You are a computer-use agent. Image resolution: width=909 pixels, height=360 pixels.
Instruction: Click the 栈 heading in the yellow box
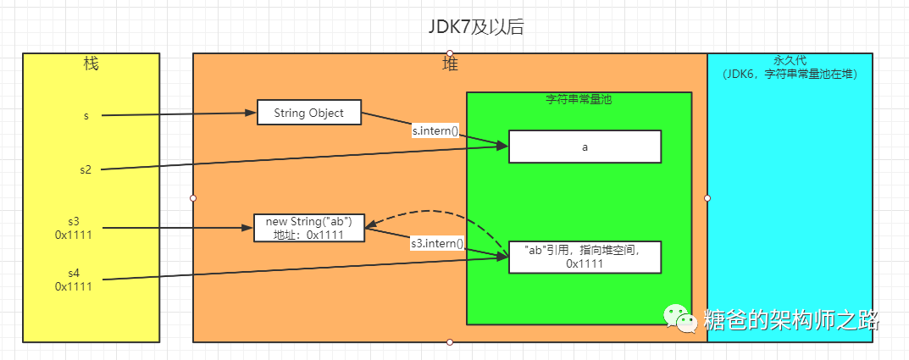[x=91, y=64]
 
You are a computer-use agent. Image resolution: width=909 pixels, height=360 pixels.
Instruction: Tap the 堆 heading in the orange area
[x=451, y=64]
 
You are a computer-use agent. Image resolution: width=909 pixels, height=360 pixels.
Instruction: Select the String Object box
[x=309, y=113]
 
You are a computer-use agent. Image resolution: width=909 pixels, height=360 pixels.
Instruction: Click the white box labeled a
[x=584, y=146]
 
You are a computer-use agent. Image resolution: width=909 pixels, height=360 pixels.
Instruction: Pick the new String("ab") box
[x=309, y=228]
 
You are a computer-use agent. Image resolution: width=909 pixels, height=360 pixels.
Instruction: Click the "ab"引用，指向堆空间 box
[x=584, y=257]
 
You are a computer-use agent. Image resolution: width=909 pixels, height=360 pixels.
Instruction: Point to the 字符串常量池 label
[x=579, y=99]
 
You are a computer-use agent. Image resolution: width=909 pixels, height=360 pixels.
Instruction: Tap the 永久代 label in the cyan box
[x=789, y=61]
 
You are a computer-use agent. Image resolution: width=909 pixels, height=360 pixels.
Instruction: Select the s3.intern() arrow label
[x=437, y=243]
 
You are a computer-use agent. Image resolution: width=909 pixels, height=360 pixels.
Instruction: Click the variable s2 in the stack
[x=86, y=170]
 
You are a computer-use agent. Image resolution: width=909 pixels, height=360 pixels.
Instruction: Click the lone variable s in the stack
[x=86, y=115]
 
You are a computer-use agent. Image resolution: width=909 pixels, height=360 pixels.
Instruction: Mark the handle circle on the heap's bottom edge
[x=450, y=342]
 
